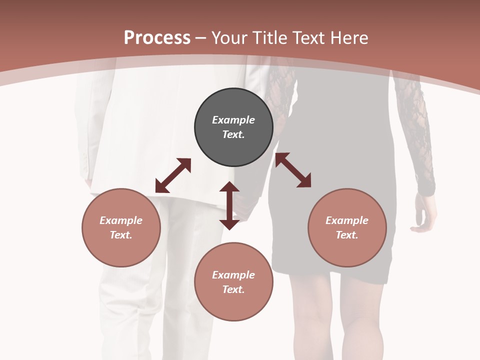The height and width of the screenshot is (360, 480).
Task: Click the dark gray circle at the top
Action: pos(233,127)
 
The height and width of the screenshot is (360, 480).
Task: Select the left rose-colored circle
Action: pos(121,227)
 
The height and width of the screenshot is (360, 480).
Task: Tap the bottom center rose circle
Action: pos(233,282)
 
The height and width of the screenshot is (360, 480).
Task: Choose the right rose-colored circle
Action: pos(347,227)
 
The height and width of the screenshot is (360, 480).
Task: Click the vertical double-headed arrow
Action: pos(229,205)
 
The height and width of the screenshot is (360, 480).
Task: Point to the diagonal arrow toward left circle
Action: pos(173,175)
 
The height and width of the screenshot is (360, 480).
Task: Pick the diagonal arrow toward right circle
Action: pos(293,170)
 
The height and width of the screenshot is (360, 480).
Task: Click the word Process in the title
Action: pos(157,37)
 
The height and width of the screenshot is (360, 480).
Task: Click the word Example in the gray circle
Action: pos(233,120)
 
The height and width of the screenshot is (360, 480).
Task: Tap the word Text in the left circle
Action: pos(120,235)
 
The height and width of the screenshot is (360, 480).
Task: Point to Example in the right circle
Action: pos(347,220)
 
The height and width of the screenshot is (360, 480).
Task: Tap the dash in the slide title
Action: pos(200,38)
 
